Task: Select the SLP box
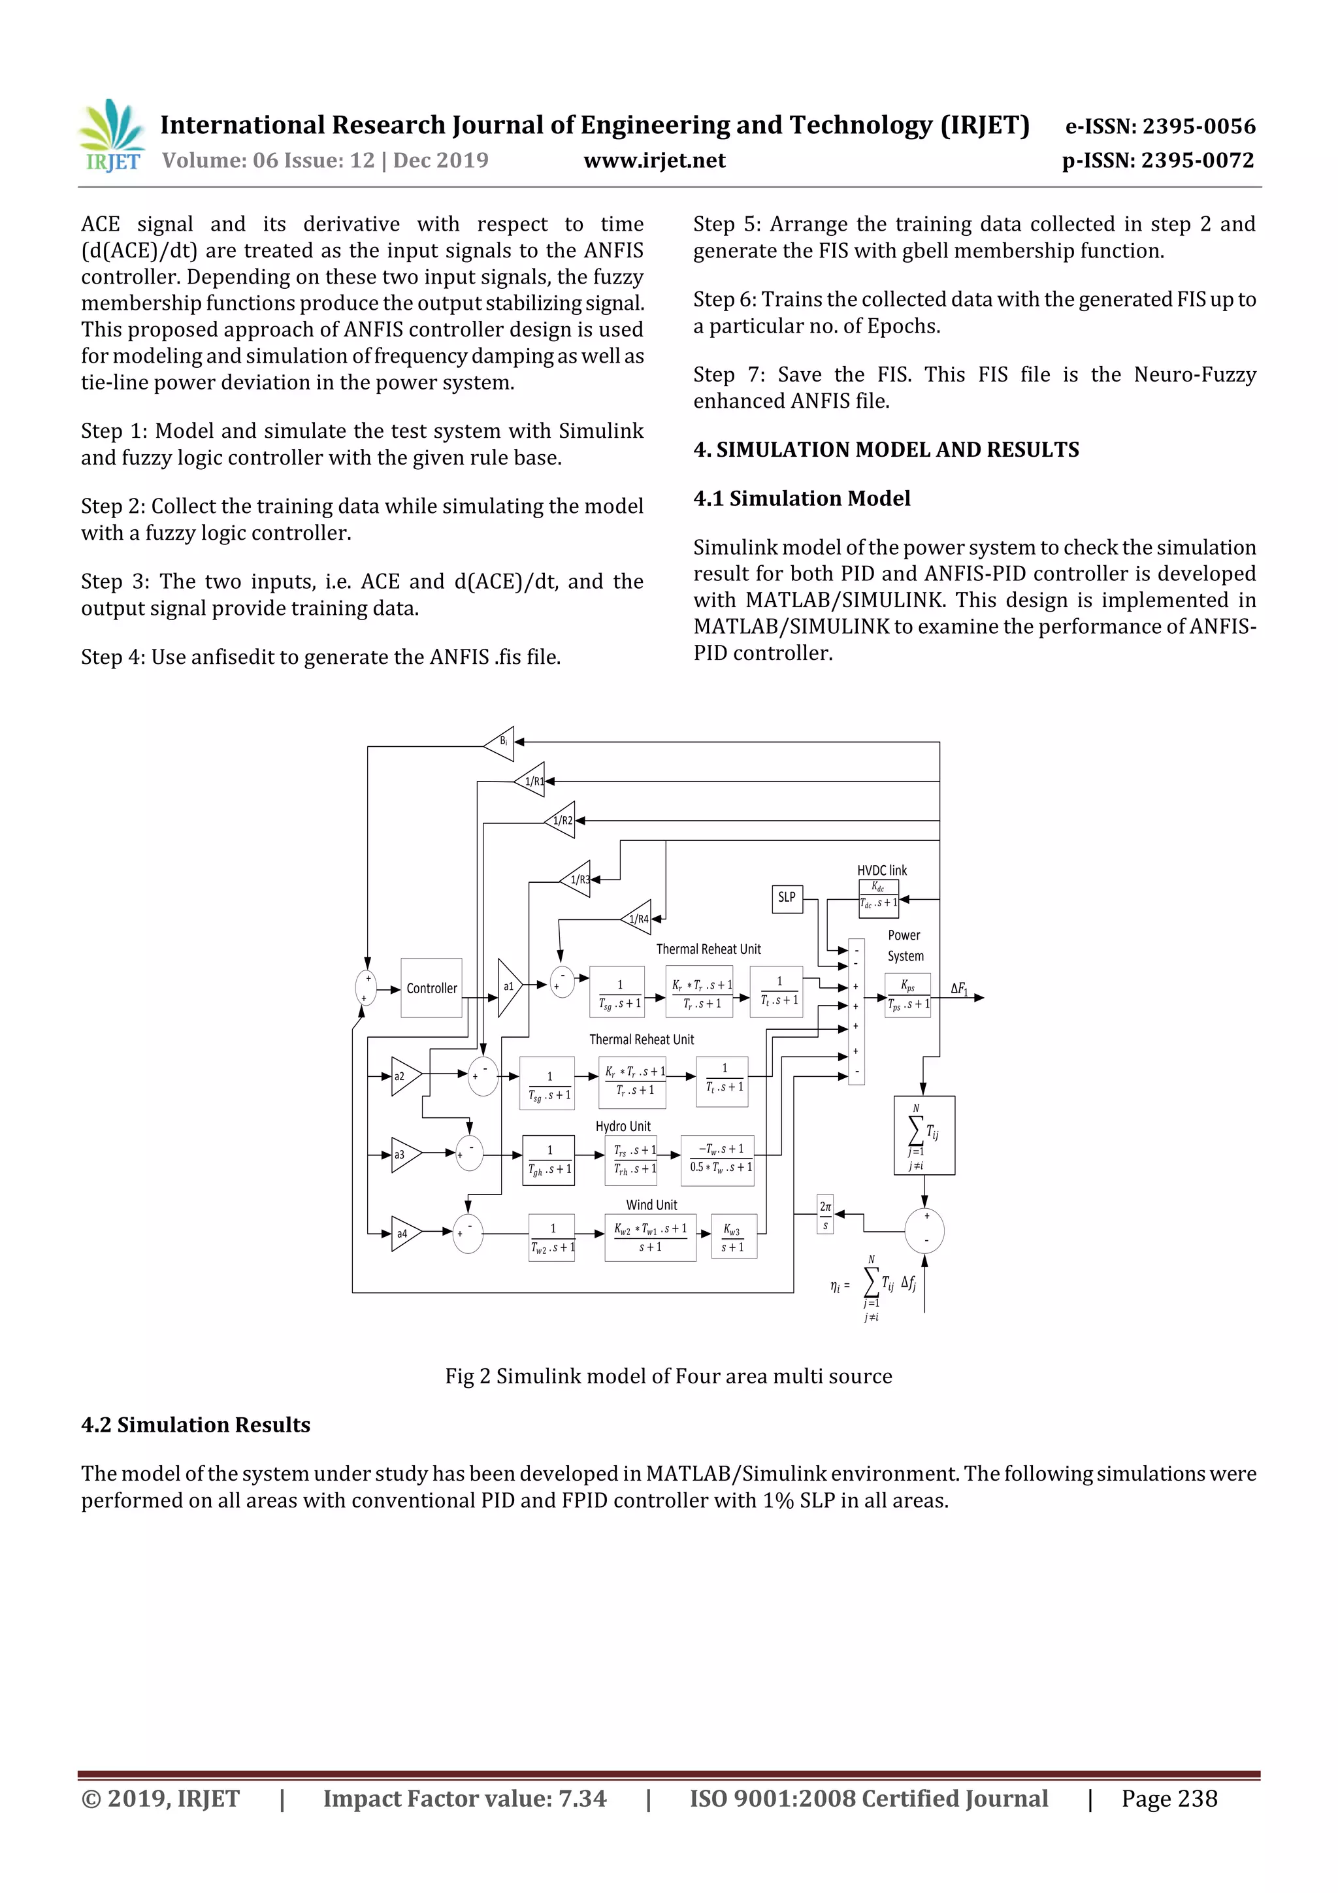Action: click(787, 897)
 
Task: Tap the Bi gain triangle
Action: click(500, 742)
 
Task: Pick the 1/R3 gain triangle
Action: click(577, 879)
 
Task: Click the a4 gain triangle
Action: click(405, 1234)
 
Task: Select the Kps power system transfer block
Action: click(907, 995)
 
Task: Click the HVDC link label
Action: click(881, 870)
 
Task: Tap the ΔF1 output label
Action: click(959, 988)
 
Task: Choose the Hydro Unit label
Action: click(623, 1127)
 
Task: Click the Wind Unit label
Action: click(651, 1204)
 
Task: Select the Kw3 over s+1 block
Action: click(733, 1238)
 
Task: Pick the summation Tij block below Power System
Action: click(924, 1134)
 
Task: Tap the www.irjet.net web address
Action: click(655, 160)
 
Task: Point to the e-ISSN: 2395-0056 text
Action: click(1160, 126)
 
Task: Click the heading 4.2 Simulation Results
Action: click(195, 1424)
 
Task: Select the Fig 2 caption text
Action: click(668, 1376)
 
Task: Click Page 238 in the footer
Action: click(1168, 1798)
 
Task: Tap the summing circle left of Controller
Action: click(365, 988)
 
